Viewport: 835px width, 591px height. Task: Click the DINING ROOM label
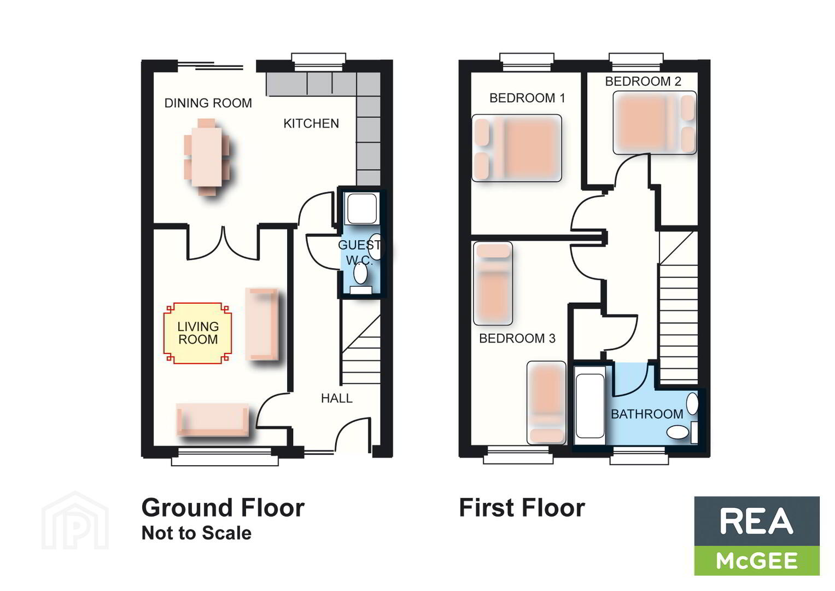208,103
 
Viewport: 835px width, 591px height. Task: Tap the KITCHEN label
311,124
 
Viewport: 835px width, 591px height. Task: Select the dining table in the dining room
207,157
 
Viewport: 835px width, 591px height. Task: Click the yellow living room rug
197,333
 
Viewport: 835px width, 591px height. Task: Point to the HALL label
337,398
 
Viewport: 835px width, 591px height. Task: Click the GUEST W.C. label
359,252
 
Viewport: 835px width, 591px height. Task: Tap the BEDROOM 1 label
527,98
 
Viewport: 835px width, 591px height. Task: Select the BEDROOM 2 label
643,82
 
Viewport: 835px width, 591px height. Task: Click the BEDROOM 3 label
517,338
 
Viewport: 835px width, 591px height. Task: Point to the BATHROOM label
647,414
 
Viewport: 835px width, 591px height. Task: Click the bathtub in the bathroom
589,405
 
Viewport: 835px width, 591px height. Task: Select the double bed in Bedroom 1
517,148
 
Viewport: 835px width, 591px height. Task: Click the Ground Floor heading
223,508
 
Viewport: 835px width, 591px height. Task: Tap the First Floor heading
522,508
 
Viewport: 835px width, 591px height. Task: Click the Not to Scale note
196,533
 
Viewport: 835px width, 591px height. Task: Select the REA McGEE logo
757,536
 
